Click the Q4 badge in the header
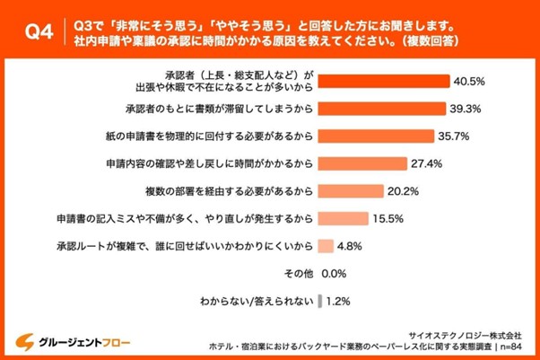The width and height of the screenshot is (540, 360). tap(36, 31)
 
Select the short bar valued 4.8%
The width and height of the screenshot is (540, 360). tap(326, 244)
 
